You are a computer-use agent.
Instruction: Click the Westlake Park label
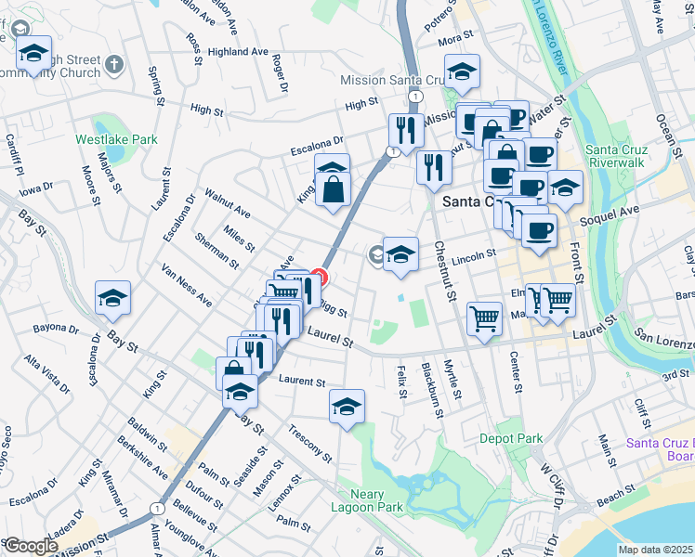pyautogui.click(x=116, y=139)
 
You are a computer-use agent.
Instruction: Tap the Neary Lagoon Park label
pyautogui.click(x=369, y=500)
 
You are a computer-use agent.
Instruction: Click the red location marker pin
pyautogui.click(x=318, y=277)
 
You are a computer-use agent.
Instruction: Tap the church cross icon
pyautogui.click(x=114, y=64)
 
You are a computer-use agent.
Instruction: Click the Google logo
pyautogui.click(x=30, y=546)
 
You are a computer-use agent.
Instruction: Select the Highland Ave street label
pyautogui.click(x=238, y=51)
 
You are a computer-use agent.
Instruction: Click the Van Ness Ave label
pyautogui.click(x=186, y=286)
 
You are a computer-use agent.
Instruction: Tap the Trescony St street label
pyautogui.click(x=310, y=443)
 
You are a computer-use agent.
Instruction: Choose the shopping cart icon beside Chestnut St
pyautogui.click(x=484, y=318)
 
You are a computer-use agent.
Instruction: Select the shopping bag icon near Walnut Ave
pyautogui.click(x=333, y=190)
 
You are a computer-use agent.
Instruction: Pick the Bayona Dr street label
pyautogui.click(x=56, y=329)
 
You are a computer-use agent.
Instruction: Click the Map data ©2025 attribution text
pyautogui.click(x=655, y=550)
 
